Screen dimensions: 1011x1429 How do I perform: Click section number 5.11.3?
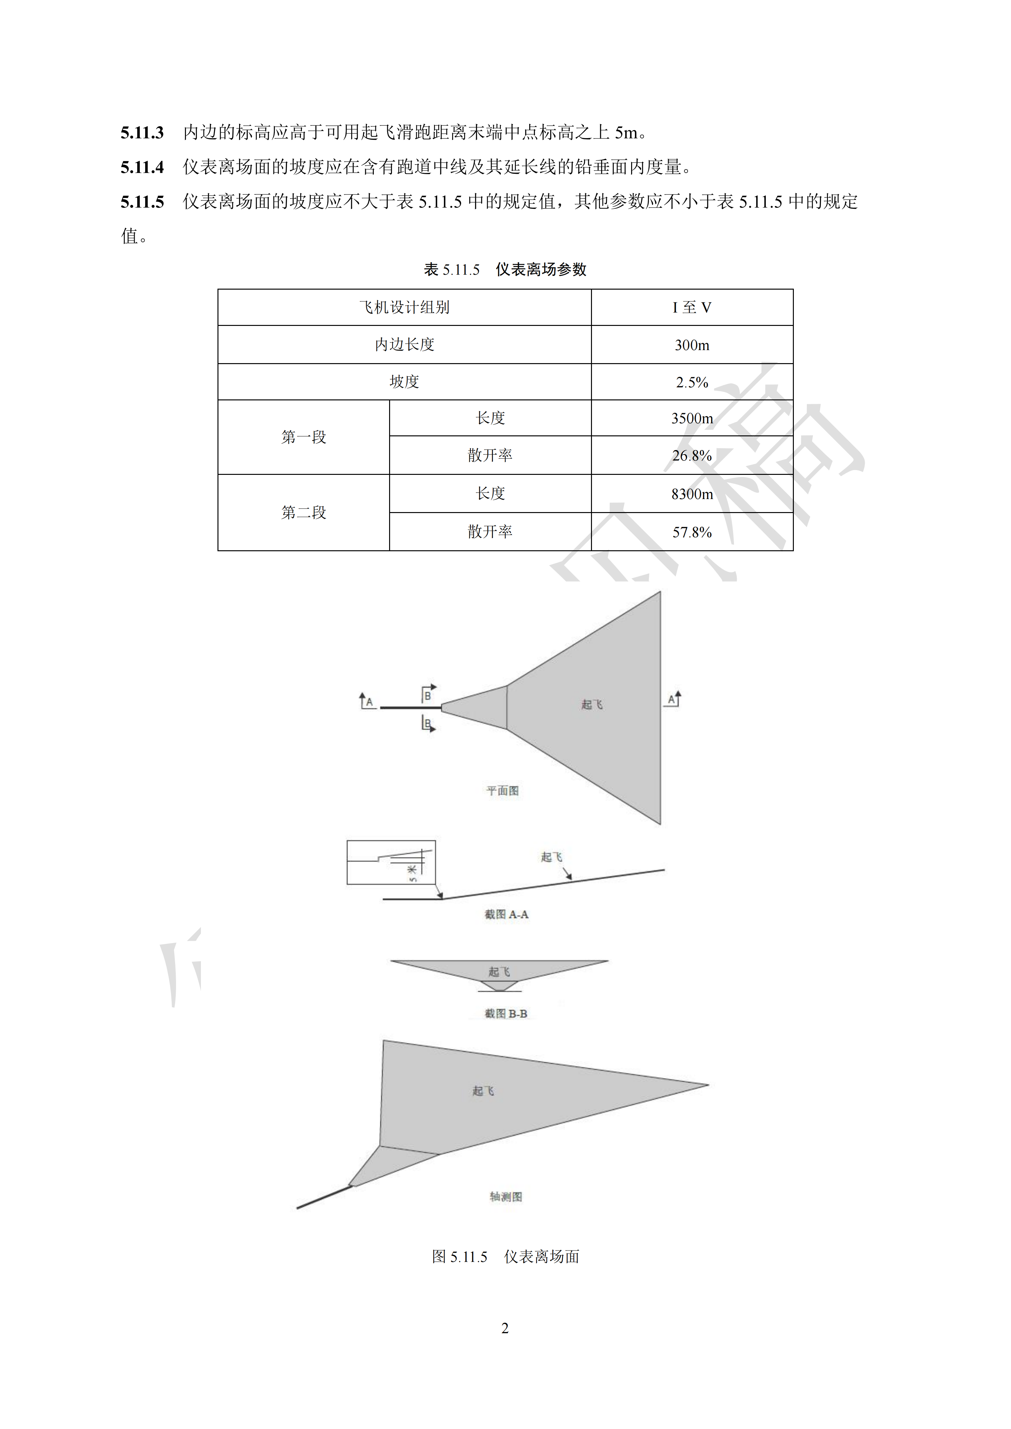(142, 133)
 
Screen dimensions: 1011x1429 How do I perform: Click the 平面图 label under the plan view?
(502, 791)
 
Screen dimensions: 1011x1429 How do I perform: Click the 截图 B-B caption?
(506, 1014)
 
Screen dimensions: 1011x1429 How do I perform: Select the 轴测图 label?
(506, 1196)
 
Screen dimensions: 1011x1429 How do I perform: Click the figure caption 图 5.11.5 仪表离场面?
(506, 1257)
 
